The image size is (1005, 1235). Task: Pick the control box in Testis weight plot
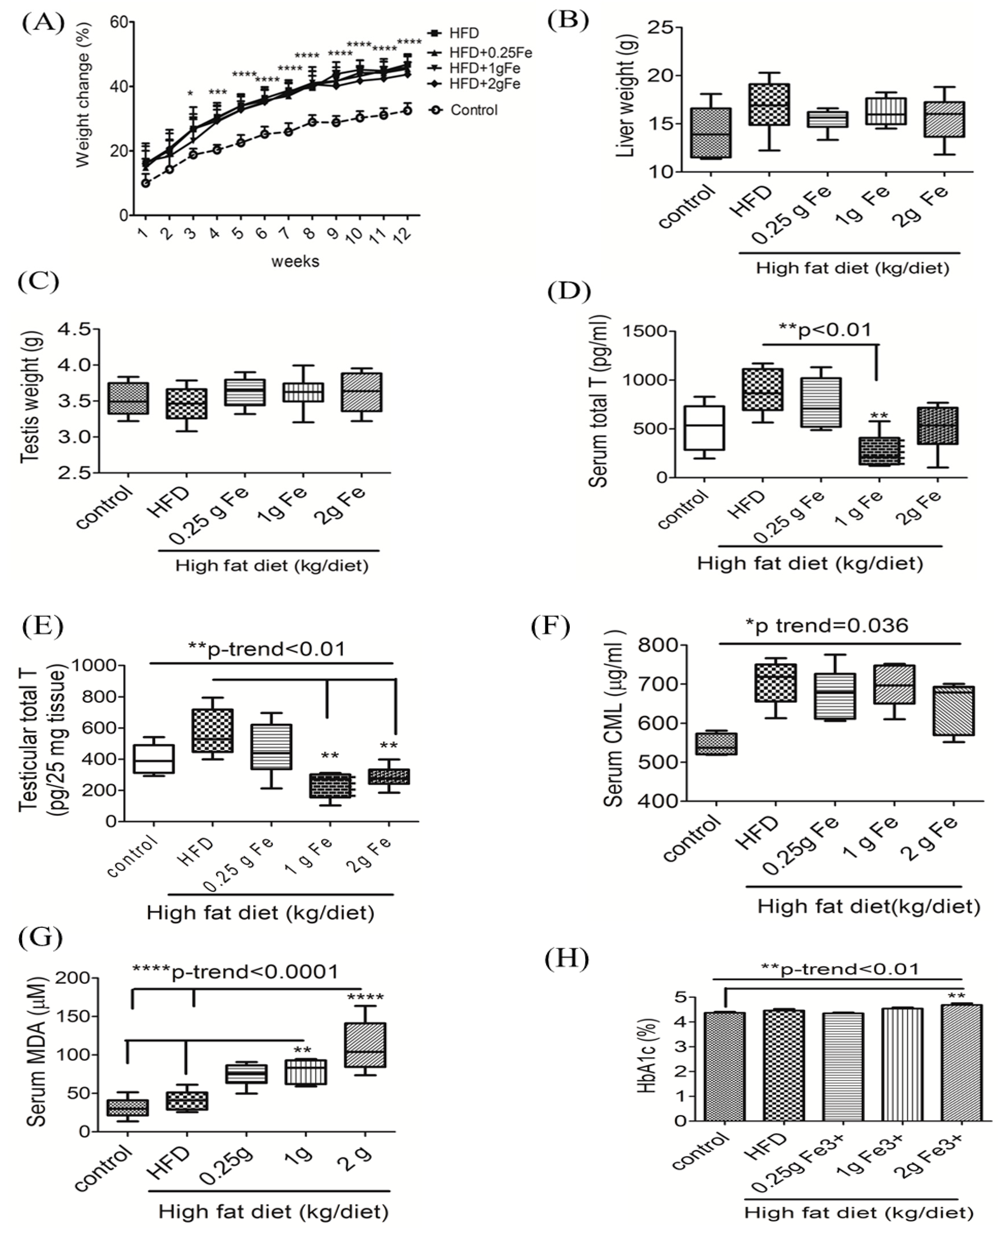pyautogui.click(x=128, y=398)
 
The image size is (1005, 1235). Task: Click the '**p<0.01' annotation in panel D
pyautogui.click(x=825, y=330)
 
